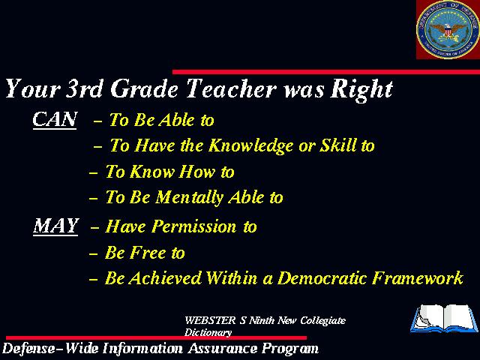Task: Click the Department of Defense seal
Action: point(448,29)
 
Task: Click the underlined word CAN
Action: point(55,120)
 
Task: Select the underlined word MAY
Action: point(55,226)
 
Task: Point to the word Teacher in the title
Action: point(231,88)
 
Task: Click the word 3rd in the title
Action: point(84,88)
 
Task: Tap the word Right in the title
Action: point(361,90)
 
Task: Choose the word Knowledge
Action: point(251,145)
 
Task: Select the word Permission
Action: point(194,226)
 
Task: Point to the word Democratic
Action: point(322,278)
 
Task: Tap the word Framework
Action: point(418,278)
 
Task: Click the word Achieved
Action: point(165,278)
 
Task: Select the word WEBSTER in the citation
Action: point(210,320)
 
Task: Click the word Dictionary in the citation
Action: point(208,332)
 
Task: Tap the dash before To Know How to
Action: point(93,173)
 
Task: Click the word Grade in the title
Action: point(144,88)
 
